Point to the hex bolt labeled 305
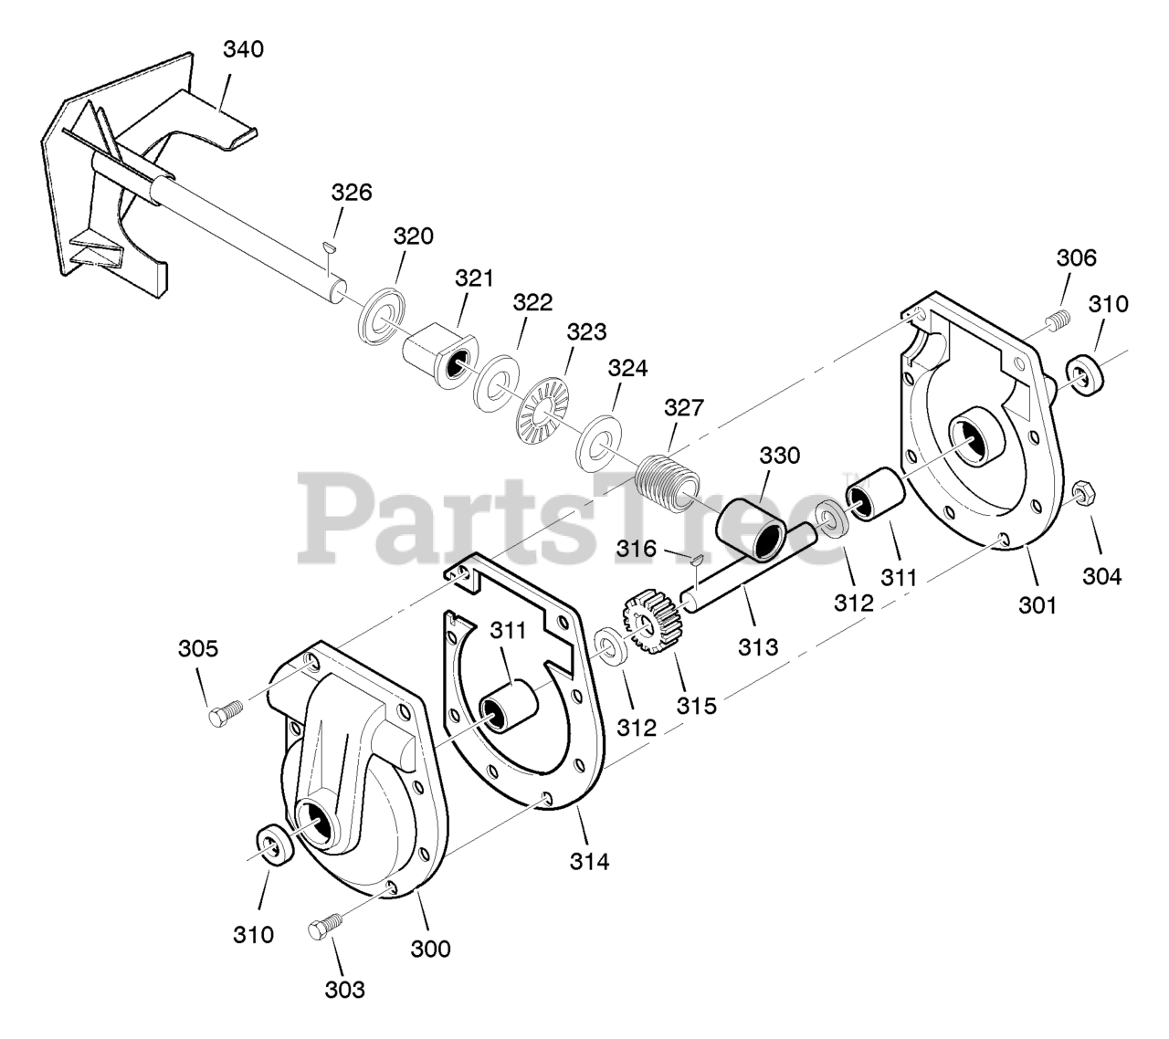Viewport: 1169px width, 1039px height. point(225,714)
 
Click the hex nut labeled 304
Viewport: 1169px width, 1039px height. point(1084,493)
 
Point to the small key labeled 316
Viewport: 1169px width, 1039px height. point(694,558)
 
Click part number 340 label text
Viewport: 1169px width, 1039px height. point(243,49)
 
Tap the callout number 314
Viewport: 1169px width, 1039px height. point(589,860)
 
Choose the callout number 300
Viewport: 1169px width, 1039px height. point(431,949)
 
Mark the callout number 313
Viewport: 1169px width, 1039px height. point(758,647)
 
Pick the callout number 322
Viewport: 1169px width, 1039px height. point(532,302)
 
